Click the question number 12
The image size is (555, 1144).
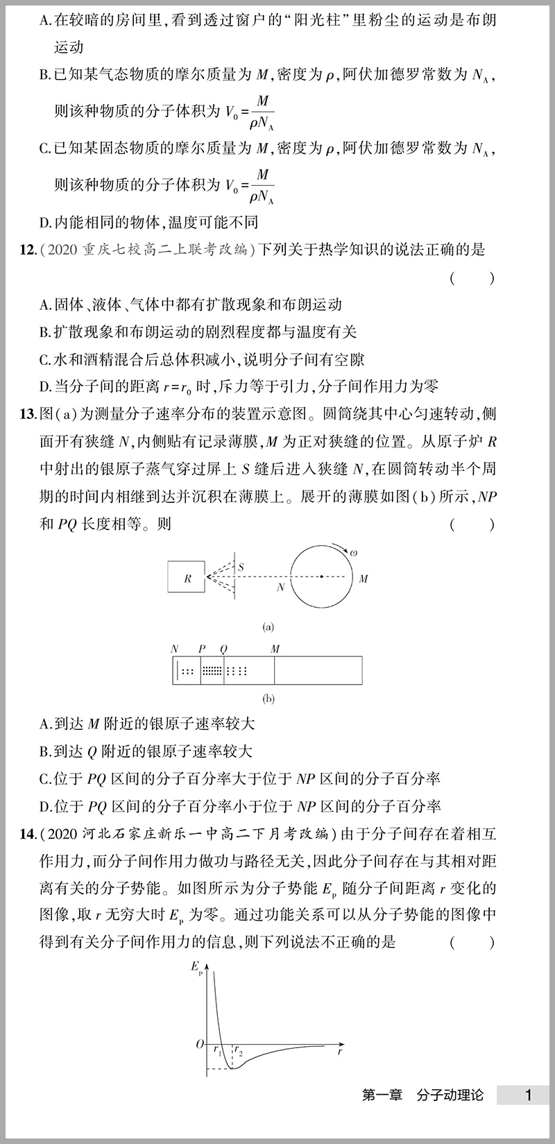coord(28,250)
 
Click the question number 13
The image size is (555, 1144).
coord(28,415)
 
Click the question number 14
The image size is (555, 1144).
coord(28,834)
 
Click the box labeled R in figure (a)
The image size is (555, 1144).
coord(187,578)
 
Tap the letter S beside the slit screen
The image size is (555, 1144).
coord(241,567)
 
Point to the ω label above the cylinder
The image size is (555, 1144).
coord(353,553)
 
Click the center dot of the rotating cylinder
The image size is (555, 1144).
coord(322,576)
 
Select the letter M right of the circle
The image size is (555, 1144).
coord(364,578)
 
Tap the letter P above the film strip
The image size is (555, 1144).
coord(202,649)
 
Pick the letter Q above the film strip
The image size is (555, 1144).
coord(223,649)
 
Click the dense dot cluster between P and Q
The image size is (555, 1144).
coord(212,671)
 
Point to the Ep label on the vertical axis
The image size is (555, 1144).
coord(196,966)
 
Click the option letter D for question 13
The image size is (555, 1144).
coord(45,806)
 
